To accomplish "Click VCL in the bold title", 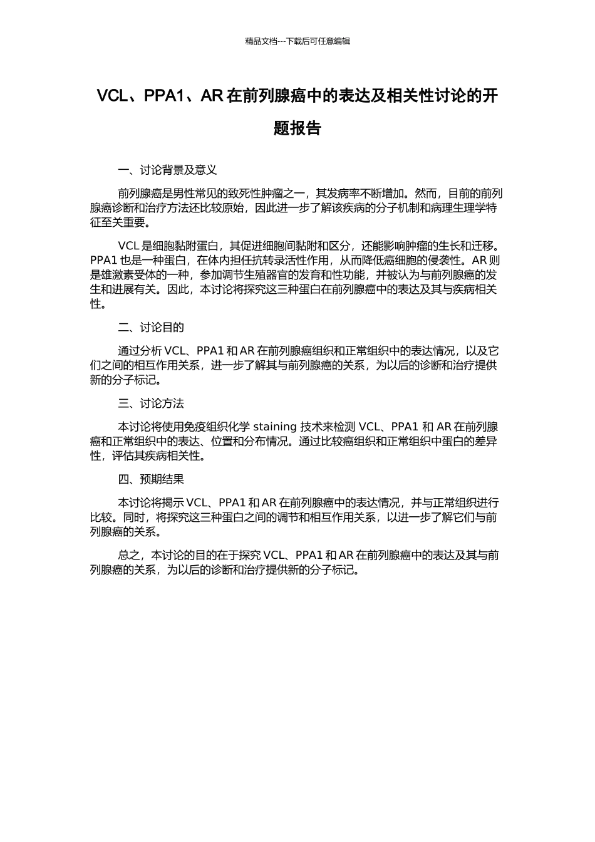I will pos(112,96).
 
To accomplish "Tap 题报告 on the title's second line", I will pos(297,128).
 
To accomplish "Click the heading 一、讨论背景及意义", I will pos(167,170).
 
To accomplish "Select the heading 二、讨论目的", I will pos(151,328).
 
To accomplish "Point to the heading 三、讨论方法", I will pos(151,403).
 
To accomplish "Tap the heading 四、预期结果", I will pos(151,479).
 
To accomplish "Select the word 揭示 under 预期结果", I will pos(173,503).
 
